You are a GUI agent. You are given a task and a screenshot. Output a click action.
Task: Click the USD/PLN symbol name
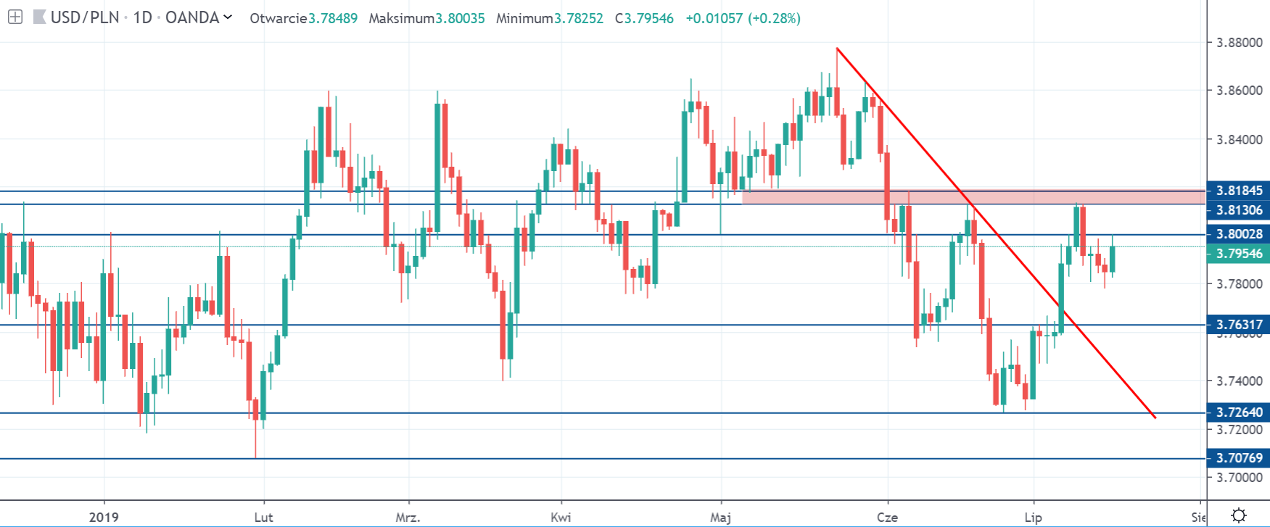click(84, 17)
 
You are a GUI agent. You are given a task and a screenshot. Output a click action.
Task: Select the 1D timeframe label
click(142, 17)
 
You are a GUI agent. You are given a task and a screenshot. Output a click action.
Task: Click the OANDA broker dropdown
click(197, 17)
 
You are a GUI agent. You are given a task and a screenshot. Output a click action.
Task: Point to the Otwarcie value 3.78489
click(333, 18)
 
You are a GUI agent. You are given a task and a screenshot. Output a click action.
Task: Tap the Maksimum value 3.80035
click(460, 18)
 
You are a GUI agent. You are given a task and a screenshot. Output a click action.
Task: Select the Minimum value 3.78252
click(579, 18)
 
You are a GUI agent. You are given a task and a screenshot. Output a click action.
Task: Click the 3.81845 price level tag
click(1239, 191)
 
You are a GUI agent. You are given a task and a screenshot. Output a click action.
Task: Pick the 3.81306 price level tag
click(1239, 210)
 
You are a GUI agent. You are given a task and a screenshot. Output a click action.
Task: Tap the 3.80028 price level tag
click(1239, 234)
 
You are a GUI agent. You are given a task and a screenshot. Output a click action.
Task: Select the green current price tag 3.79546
click(1239, 254)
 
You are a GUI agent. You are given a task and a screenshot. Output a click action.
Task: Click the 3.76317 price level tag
click(1239, 325)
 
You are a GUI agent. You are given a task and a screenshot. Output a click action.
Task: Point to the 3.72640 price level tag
click(1239, 412)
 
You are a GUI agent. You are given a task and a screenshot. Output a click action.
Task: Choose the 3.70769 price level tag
click(1239, 458)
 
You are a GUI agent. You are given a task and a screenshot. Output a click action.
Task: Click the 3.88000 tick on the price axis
click(1239, 43)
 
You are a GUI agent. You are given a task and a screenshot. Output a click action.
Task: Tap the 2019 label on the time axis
click(104, 517)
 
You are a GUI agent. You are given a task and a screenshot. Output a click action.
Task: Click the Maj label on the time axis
click(720, 517)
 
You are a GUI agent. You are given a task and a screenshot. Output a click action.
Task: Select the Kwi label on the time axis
click(561, 517)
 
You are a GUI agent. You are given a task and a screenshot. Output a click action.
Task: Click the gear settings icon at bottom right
click(1239, 516)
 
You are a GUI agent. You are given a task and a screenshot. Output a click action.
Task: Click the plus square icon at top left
click(15, 17)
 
